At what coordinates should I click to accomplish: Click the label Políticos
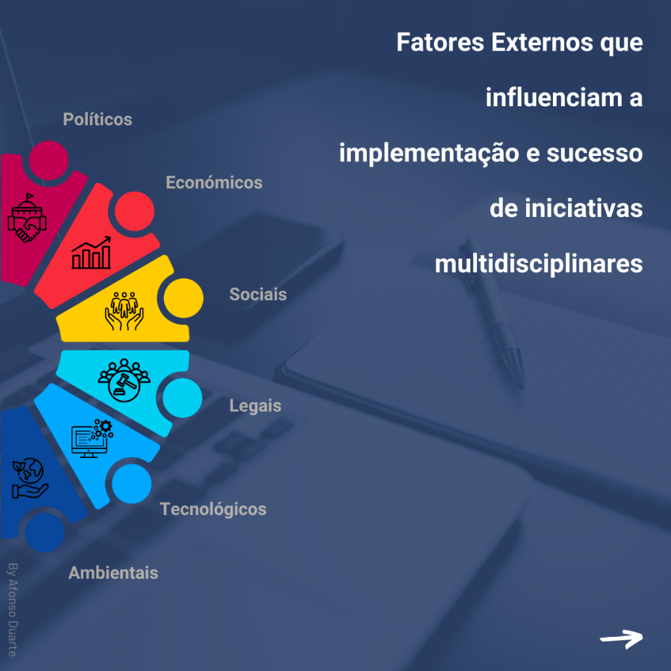coord(98,119)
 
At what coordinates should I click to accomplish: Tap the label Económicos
coord(214,182)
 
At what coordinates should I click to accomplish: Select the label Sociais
coord(258,294)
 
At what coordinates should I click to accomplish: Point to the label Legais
coord(255,406)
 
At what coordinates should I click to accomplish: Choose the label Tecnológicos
coord(213,508)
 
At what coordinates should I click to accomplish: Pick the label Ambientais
coord(113,573)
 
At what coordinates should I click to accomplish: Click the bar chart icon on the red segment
coord(92,254)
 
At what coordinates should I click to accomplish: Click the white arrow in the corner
coord(621,638)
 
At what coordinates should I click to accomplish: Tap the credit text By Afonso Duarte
coord(11,607)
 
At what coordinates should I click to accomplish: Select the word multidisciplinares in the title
coord(538,264)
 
